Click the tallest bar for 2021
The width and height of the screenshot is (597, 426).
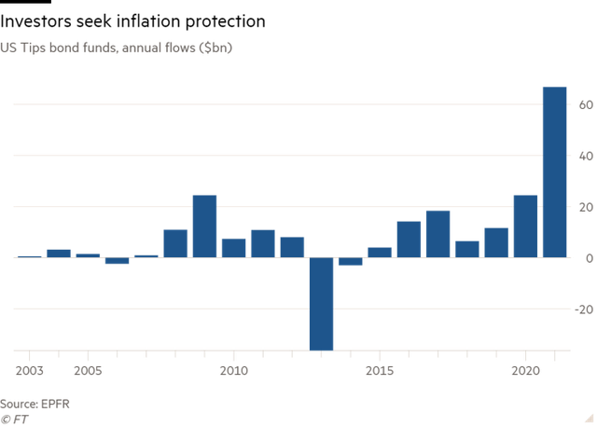(x=554, y=172)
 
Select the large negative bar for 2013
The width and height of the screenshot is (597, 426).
(x=321, y=304)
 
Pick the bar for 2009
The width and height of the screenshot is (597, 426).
(x=204, y=226)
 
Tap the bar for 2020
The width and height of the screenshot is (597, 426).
(x=525, y=226)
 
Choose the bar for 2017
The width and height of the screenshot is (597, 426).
(x=437, y=234)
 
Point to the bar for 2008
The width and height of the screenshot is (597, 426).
(x=175, y=243)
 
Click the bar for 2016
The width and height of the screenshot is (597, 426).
(x=409, y=240)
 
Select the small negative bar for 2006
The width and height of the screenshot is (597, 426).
(x=117, y=261)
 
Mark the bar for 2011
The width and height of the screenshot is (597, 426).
(x=263, y=243)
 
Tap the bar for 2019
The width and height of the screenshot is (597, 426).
(x=496, y=242)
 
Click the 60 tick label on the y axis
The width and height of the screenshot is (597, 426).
(x=584, y=104)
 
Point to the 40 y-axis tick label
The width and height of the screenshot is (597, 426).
(x=584, y=156)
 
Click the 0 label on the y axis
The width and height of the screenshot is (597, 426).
(x=587, y=258)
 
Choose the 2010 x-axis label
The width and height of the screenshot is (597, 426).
(x=233, y=370)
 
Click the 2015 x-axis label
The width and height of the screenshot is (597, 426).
(x=380, y=370)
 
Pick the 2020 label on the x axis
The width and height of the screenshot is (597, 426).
(x=525, y=370)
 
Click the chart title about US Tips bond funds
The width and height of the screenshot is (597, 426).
(x=118, y=47)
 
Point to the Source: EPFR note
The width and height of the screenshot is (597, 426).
(x=35, y=404)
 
